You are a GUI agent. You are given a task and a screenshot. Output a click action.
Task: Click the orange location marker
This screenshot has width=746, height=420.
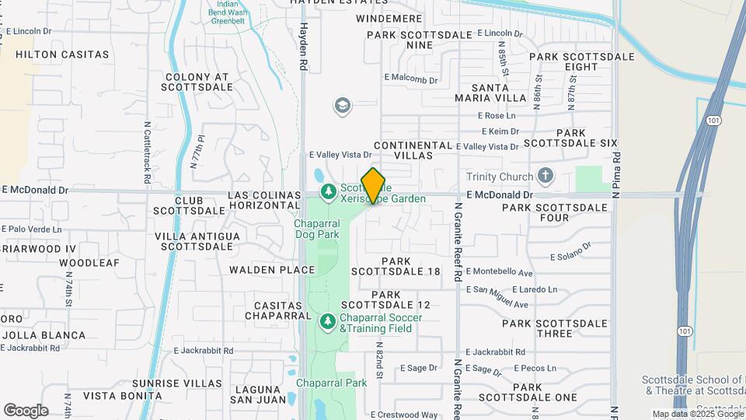(x=374, y=186)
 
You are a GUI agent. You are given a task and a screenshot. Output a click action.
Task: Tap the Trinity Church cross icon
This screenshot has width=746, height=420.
(x=546, y=176)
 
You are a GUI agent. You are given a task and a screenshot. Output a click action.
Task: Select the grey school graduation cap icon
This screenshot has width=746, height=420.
(x=342, y=105)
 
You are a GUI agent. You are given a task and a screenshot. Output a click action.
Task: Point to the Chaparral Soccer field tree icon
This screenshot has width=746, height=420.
(x=328, y=320)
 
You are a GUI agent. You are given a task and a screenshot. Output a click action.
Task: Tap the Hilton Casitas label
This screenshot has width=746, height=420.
(x=62, y=54)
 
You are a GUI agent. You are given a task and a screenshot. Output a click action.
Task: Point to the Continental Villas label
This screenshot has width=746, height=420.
(x=413, y=150)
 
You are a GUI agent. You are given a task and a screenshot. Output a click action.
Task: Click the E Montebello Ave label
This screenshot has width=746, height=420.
(x=499, y=273)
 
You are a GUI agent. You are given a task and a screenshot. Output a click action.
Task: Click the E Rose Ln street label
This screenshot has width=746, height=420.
(x=498, y=115)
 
